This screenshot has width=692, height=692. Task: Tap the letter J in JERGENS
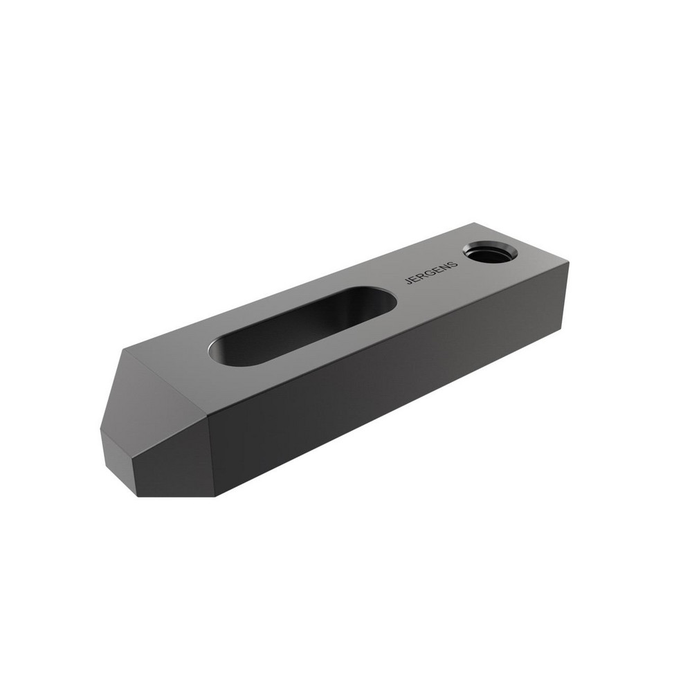[x=408, y=281]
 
